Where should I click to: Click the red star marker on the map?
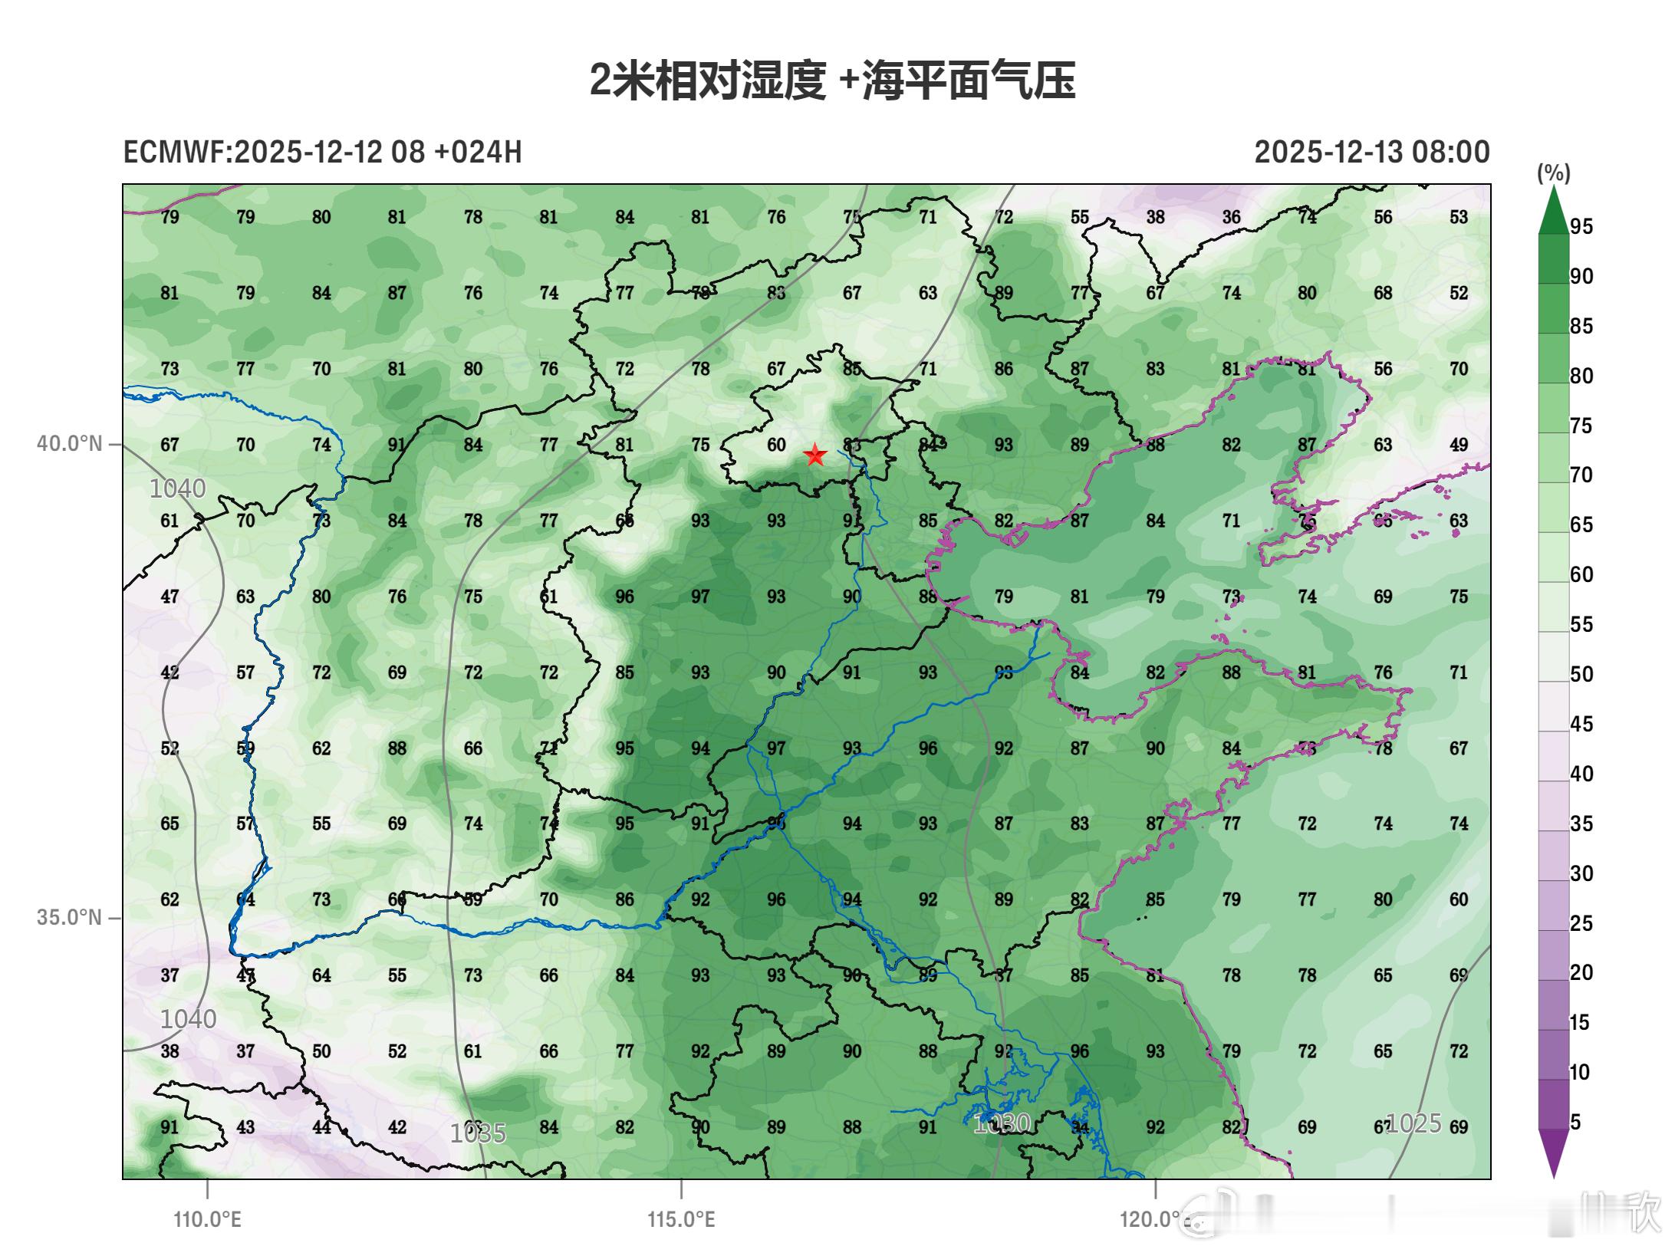point(814,455)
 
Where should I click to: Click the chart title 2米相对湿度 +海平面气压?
point(832,81)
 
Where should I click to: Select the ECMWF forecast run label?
point(322,152)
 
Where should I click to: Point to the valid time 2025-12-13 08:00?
point(1371,152)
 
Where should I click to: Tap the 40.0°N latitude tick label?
point(69,444)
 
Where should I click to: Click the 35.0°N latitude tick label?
point(69,917)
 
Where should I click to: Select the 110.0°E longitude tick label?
point(207,1218)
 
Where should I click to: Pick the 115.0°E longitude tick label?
point(681,1218)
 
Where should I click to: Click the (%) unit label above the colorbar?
point(1553,173)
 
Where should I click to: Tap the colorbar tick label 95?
point(1581,227)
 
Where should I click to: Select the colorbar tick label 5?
point(1575,1122)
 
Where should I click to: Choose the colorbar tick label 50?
point(1581,675)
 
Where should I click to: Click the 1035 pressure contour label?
point(478,1133)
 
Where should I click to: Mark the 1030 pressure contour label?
point(1001,1124)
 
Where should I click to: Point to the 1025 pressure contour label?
point(1413,1123)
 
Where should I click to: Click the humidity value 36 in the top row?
point(1231,217)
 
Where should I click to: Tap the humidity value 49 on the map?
point(1458,445)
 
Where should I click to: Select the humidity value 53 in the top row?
point(1458,217)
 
